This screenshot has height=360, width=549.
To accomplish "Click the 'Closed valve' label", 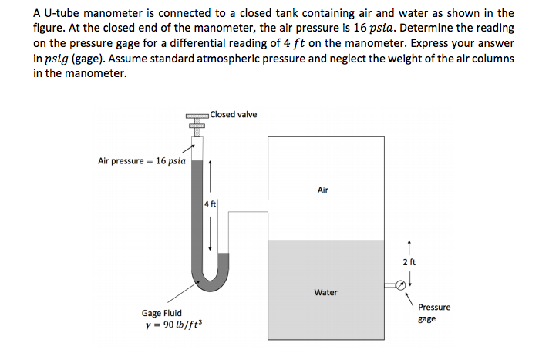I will tap(233, 115).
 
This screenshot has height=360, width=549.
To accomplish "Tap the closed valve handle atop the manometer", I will tap(197, 117).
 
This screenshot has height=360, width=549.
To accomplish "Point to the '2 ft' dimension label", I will tap(409, 263).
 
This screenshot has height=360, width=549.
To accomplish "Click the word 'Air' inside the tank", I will tap(322, 190).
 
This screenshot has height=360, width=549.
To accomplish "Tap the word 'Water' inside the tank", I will tap(325, 292).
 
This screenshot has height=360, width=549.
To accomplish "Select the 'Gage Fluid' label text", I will tap(162, 313).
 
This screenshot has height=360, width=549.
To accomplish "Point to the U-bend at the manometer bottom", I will tap(208, 283).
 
